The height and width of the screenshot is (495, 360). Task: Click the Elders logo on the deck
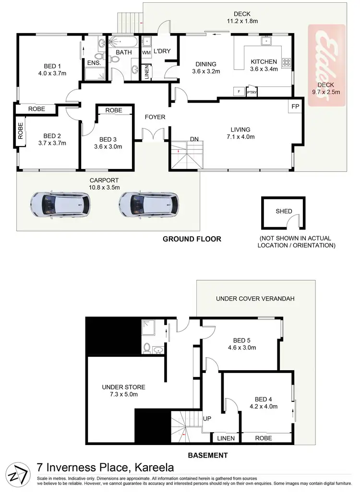click(327, 67)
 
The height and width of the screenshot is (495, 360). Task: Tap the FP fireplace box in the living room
click(296, 106)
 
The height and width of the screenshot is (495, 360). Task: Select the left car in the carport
click(60, 204)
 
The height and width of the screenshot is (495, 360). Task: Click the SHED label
click(284, 211)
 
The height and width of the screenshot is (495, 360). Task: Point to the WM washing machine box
click(146, 52)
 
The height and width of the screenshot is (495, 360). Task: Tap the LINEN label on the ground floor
click(146, 72)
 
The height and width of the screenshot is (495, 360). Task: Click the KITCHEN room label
click(264, 62)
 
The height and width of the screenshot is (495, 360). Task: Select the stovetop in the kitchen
click(287, 62)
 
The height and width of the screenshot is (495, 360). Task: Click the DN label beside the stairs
click(194, 139)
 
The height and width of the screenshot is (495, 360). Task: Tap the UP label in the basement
click(207, 419)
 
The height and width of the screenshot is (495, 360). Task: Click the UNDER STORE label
click(123, 387)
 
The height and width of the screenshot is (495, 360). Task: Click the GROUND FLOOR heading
click(192, 239)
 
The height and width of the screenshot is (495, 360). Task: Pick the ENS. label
click(93, 62)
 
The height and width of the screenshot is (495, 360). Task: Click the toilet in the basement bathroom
click(147, 348)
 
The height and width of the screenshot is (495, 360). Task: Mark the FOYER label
click(156, 117)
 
